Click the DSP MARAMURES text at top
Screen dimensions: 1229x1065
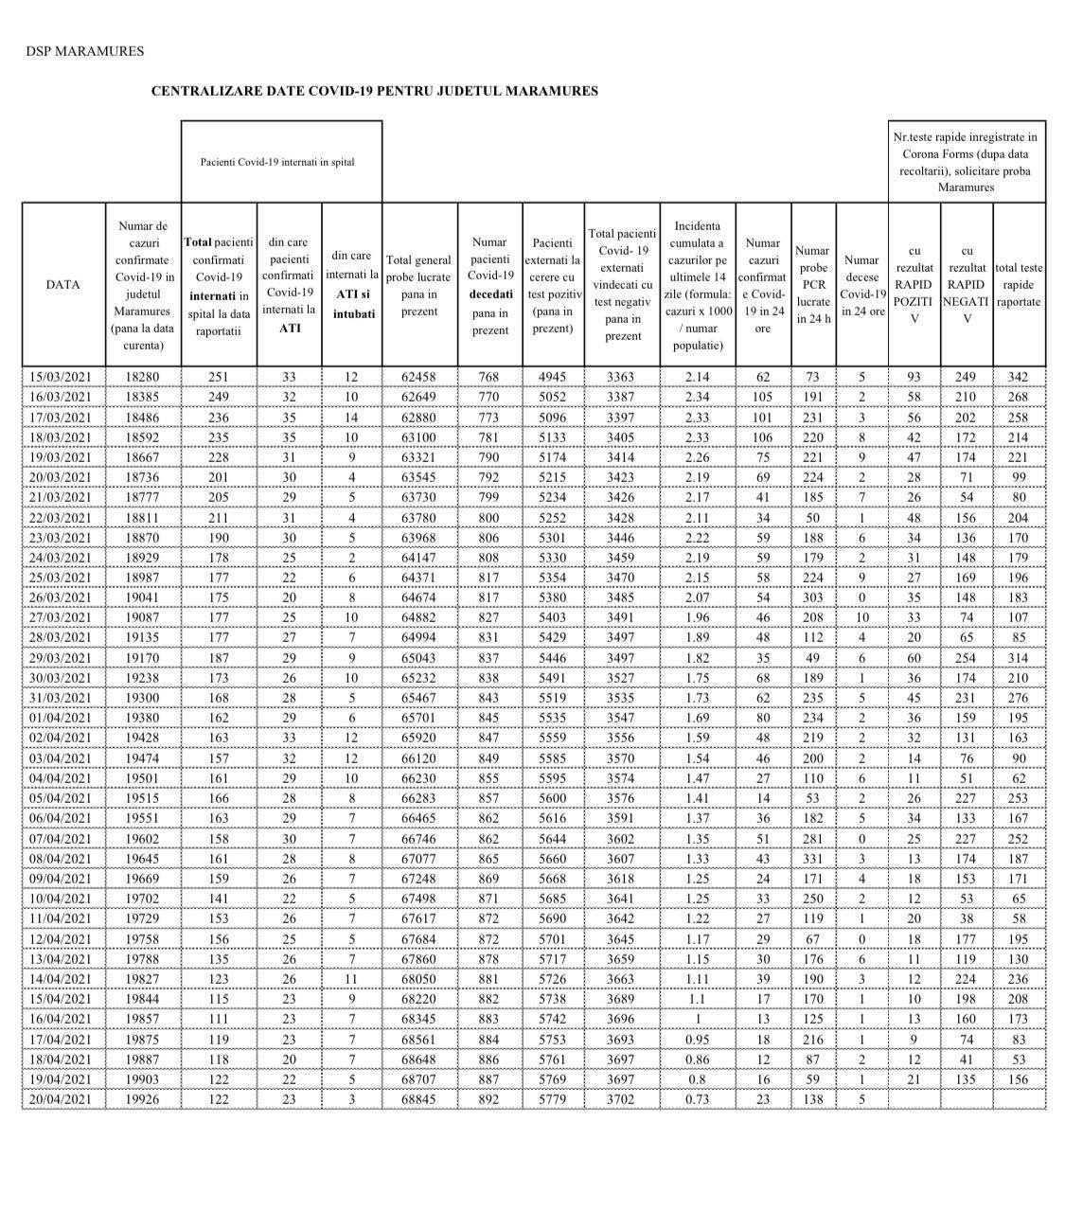85,51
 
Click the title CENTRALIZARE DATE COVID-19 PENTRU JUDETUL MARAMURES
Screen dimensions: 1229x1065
375,91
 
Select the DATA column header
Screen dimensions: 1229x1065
63,284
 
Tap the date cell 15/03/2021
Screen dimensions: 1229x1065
63,377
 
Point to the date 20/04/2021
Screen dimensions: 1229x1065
63,1099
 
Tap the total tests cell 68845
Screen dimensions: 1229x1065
419,1099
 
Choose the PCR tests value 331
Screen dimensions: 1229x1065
813,858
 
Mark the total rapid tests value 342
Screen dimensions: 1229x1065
1019,377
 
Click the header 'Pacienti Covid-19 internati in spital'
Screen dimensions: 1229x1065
277,162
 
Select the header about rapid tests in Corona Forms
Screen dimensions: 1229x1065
966,162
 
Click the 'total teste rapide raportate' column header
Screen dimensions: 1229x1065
1019,284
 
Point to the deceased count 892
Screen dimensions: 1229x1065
490,1099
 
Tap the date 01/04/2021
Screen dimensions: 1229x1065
63,718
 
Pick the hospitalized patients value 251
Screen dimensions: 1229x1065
219,377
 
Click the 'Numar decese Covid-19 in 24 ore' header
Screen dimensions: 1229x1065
861,284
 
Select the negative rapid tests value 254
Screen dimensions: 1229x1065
967,658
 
